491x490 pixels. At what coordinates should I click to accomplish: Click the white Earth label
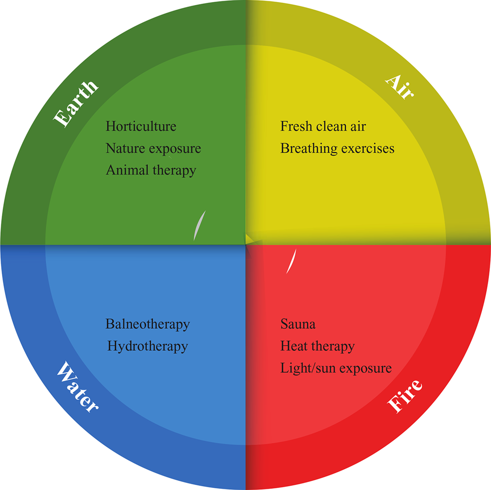(76, 103)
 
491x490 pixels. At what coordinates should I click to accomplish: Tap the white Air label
(400, 87)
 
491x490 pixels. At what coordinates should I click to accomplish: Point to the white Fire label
(404, 395)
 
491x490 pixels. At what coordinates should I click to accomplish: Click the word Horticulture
(141, 126)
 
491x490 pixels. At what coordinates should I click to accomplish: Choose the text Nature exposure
(153, 148)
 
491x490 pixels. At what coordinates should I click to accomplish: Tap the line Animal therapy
(151, 170)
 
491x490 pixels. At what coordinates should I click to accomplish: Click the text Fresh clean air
(323, 126)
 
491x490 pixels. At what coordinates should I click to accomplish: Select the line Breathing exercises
(337, 148)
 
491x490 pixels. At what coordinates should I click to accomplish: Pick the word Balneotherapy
(147, 324)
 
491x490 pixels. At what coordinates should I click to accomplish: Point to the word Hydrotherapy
(147, 346)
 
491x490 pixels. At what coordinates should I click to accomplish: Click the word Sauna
(298, 324)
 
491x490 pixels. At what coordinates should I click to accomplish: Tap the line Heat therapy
(318, 346)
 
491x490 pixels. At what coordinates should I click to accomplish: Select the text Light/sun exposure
(336, 368)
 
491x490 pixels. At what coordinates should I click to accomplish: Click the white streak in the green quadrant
(199, 226)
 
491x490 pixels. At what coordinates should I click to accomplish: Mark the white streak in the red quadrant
(291, 261)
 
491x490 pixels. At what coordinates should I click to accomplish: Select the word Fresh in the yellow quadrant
(296, 126)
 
